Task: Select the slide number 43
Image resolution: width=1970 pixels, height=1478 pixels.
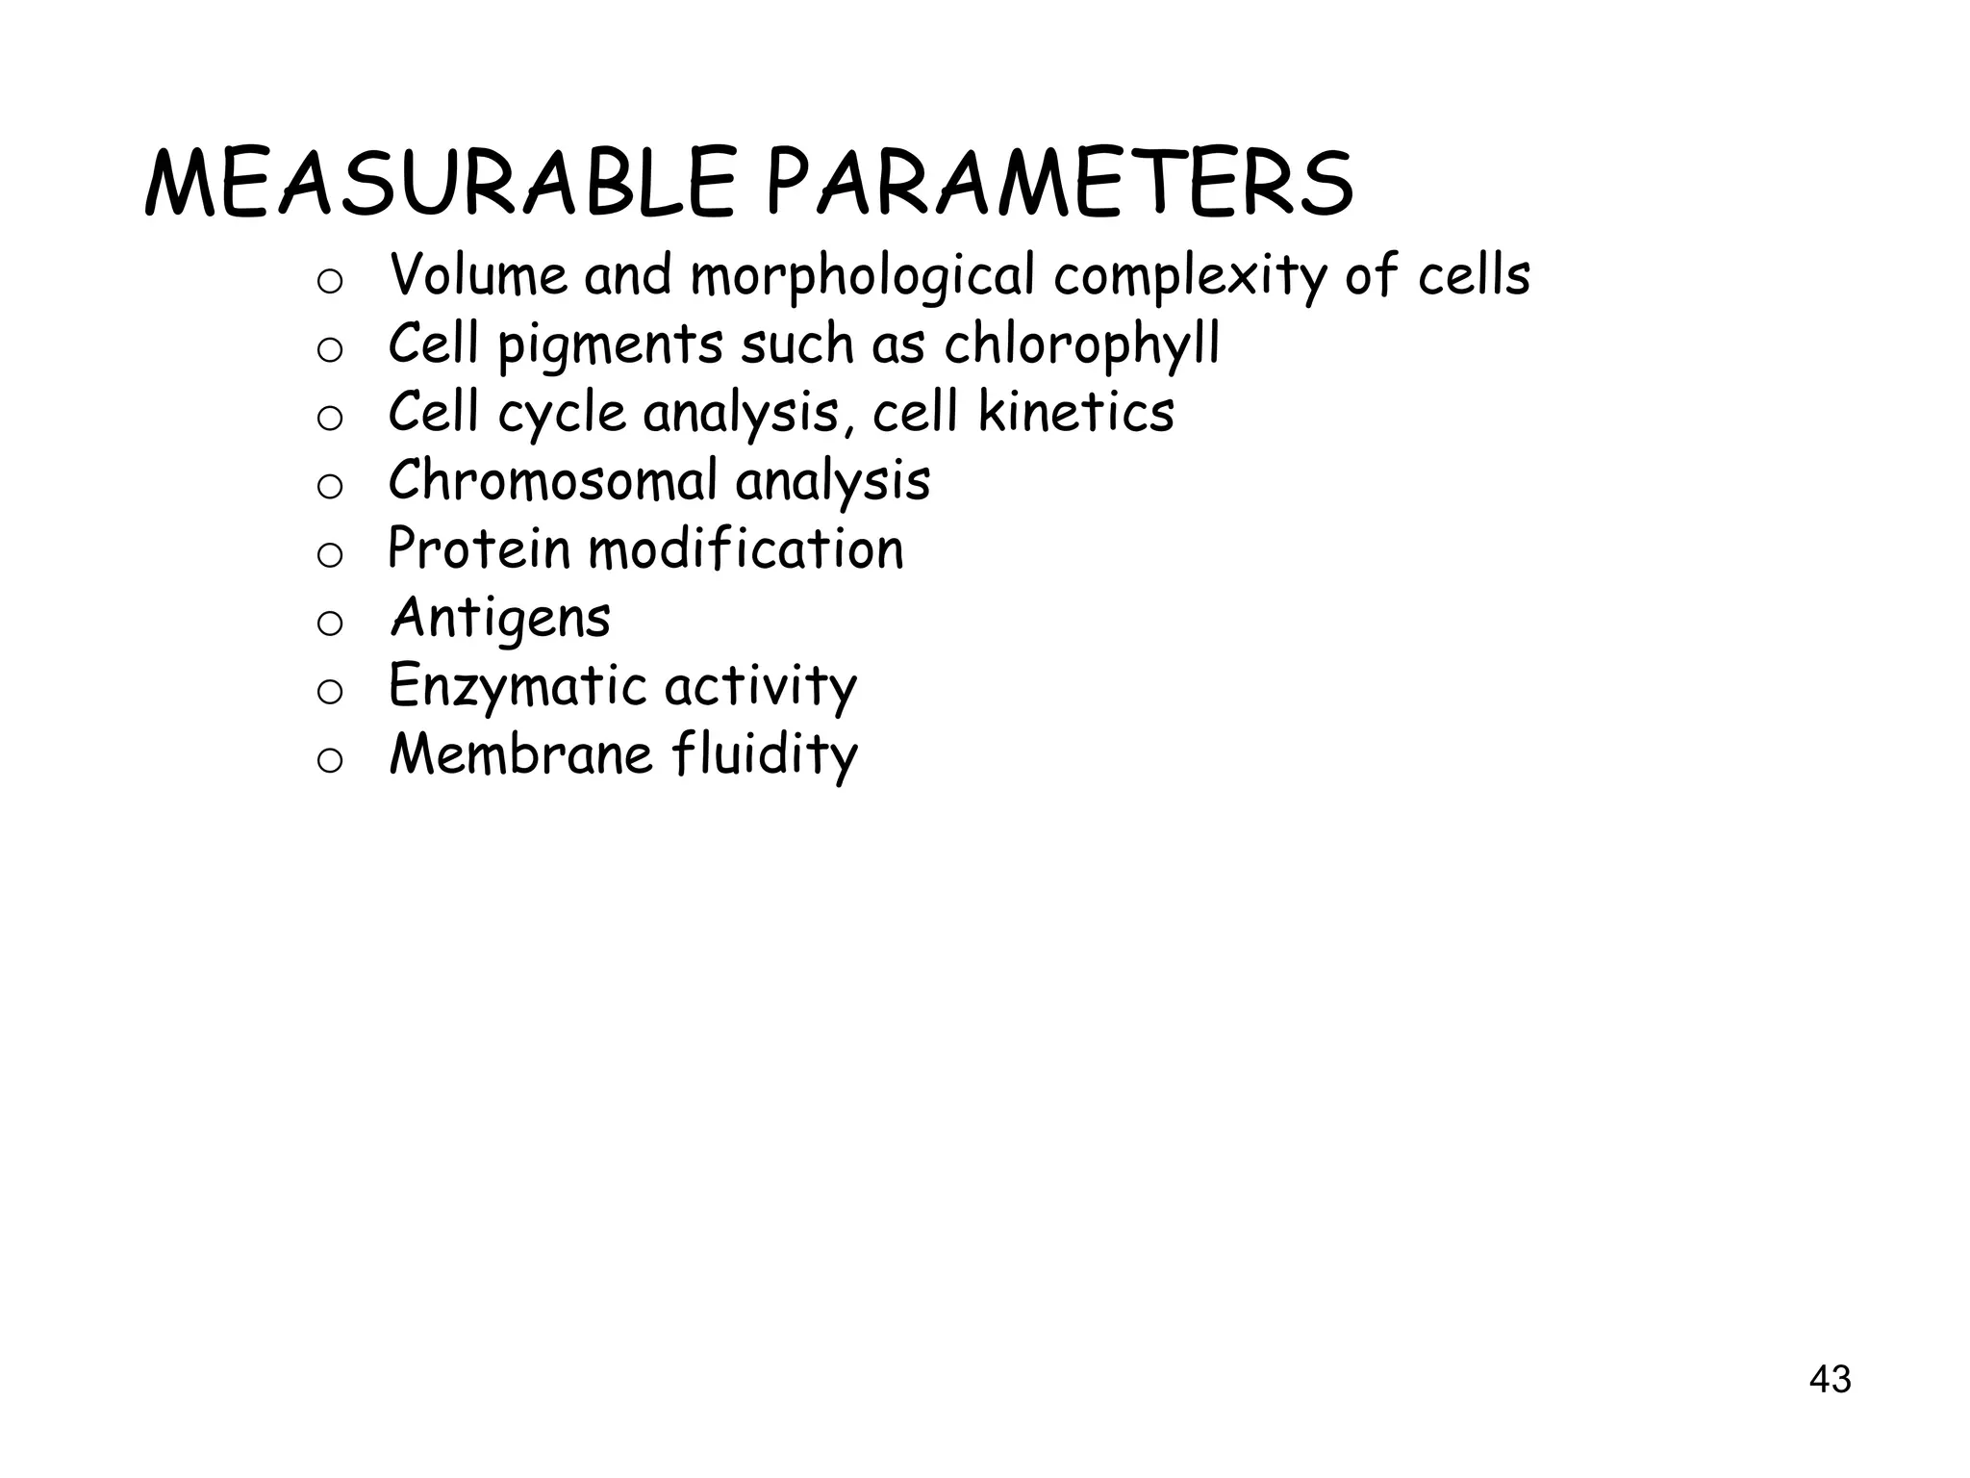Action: click(1830, 1380)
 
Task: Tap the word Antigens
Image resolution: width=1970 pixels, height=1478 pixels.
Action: click(500, 619)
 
